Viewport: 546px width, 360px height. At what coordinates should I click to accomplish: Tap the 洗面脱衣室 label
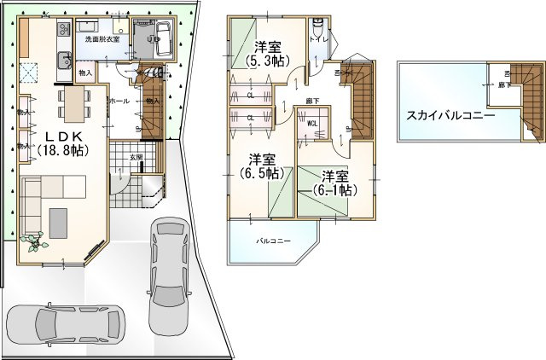point(102,38)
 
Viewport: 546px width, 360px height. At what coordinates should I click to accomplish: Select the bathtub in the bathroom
point(162,38)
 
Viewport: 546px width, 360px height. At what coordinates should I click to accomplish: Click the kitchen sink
point(63,60)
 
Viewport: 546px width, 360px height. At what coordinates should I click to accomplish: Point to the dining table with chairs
point(73,104)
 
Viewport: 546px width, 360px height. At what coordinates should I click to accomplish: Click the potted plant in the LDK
point(35,242)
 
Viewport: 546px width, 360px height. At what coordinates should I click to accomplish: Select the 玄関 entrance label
point(136,158)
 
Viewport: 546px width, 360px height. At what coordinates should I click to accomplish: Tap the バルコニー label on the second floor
point(275,241)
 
